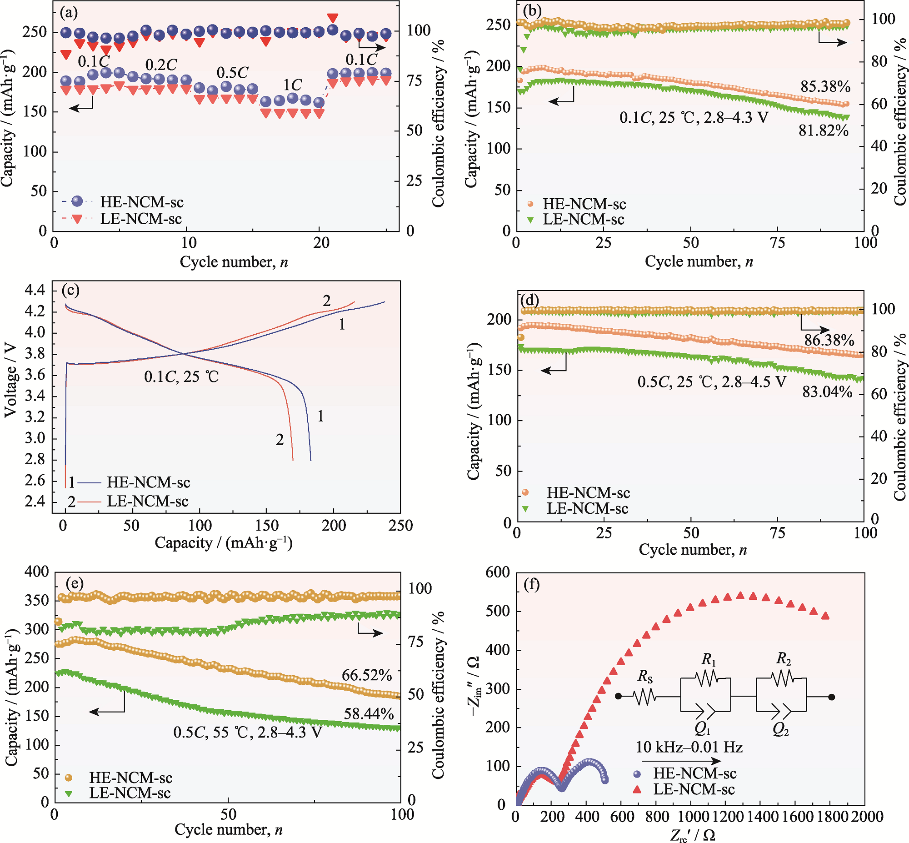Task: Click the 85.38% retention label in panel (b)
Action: (x=825, y=86)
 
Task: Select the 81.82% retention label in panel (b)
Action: (x=823, y=131)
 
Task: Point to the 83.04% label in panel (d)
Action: (x=827, y=392)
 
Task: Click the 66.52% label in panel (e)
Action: (x=366, y=675)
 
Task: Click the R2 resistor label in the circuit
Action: (x=784, y=658)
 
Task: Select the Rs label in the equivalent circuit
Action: (x=645, y=676)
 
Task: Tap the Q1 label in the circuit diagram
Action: (x=703, y=729)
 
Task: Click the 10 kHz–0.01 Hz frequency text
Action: (x=689, y=747)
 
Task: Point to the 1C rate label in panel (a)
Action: (x=292, y=85)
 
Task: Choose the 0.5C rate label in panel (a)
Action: (x=232, y=73)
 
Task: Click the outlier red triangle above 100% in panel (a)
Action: (x=333, y=18)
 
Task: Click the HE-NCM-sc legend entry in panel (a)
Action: (x=142, y=202)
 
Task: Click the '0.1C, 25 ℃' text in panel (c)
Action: (x=181, y=377)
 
